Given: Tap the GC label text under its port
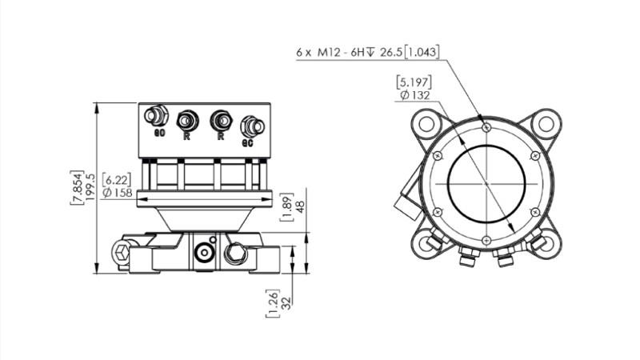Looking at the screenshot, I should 248,143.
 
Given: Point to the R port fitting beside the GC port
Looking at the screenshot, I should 220,121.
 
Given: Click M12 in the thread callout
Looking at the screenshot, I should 326,53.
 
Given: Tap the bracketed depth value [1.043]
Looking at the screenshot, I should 420,53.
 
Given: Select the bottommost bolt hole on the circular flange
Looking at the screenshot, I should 486,240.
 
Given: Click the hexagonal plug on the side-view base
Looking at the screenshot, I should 121,254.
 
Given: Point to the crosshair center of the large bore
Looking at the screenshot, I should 486,183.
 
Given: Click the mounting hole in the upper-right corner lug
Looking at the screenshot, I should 545,124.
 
